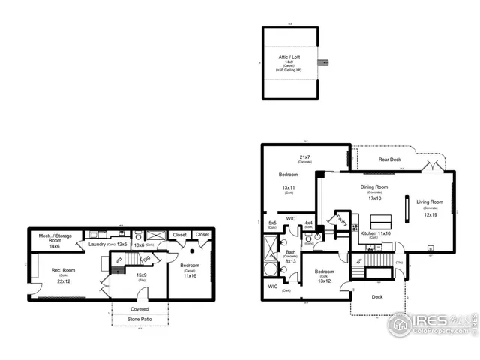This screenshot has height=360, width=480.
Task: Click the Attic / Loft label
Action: (289, 58)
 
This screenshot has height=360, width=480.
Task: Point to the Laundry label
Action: (97, 244)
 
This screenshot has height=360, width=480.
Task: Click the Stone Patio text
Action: (139, 319)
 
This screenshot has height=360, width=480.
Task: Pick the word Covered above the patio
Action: (139, 308)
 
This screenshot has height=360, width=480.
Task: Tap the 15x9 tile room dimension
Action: (140, 274)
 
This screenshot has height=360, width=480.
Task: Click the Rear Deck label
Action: (389, 160)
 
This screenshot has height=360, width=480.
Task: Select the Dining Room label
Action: (373, 187)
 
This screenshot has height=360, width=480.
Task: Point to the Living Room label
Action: (430, 202)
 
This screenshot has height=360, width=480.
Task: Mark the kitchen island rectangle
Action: (382, 221)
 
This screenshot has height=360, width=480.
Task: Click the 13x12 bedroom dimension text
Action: (324, 280)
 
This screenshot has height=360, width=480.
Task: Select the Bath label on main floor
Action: (290, 253)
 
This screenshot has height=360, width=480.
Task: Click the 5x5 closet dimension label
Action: (272, 222)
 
